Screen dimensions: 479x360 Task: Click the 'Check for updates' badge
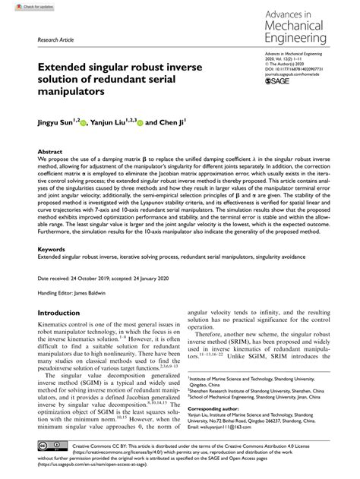pyautogui.click(x=22, y=6)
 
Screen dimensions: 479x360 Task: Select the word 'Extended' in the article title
pyautogui.click(x=61, y=66)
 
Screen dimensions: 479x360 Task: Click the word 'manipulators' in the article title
pyautogui.click(x=61, y=93)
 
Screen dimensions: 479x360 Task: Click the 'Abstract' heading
pyautogui.click(x=50, y=152)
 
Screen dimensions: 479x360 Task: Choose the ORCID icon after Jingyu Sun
pyautogui.click(x=84, y=121)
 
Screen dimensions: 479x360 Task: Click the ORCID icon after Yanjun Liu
pyautogui.click(x=140, y=121)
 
